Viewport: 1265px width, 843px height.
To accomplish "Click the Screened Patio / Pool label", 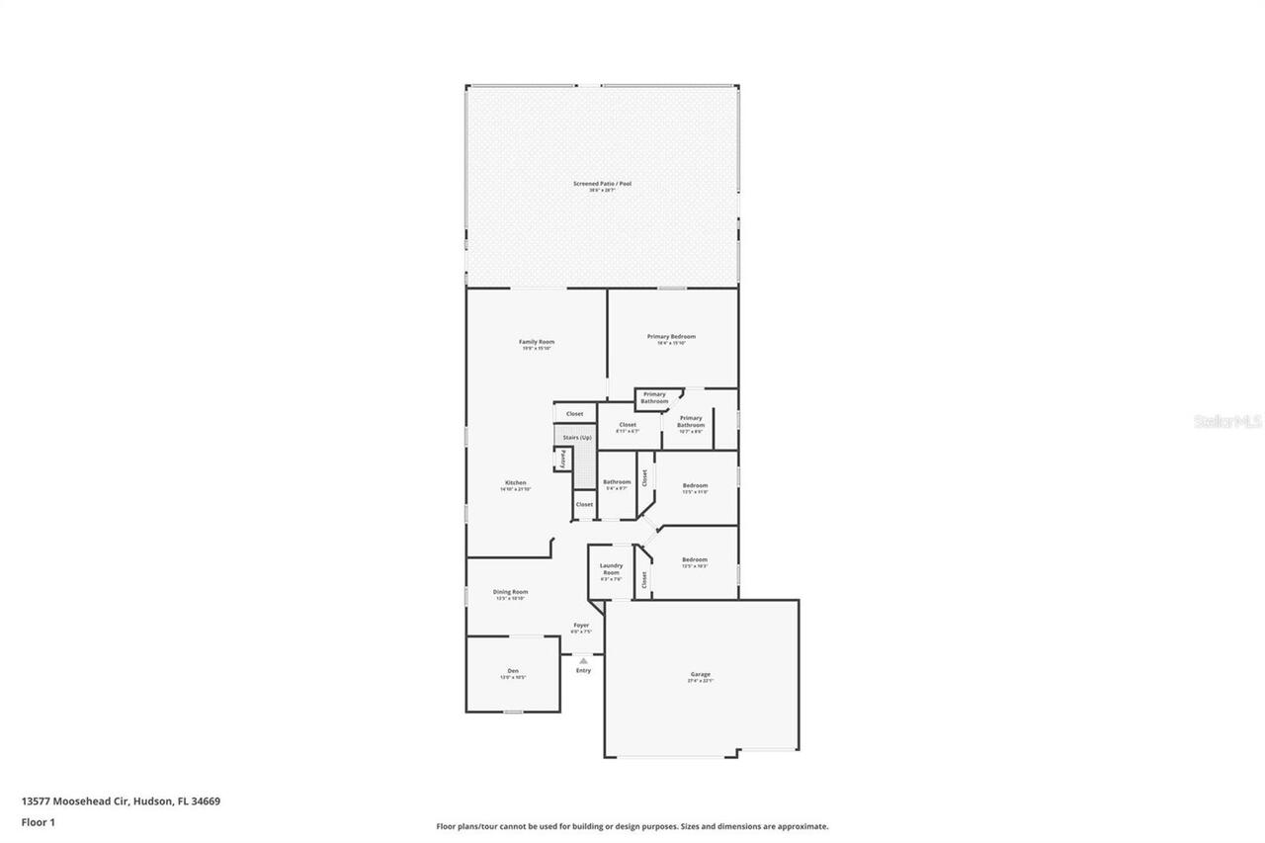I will tap(602, 184).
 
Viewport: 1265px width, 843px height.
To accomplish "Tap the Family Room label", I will tap(537, 342).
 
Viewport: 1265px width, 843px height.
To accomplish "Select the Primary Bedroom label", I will tap(671, 337).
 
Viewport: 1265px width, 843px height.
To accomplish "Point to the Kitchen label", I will tap(515, 483).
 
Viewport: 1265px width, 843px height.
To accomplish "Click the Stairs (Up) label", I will tap(577, 438).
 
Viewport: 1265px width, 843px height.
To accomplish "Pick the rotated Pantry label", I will tap(563, 458).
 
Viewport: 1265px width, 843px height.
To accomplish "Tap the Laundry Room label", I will tap(611, 569).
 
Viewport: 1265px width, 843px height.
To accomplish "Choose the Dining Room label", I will tap(511, 592).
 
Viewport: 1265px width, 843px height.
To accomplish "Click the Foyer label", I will tap(581, 626).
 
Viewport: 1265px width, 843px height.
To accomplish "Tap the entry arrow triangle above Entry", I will tap(583, 660).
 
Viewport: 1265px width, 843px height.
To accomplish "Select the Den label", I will tap(512, 671).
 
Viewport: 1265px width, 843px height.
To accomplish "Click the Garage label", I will tap(701, 674).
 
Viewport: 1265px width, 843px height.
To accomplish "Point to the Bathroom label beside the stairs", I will tap(617, 482).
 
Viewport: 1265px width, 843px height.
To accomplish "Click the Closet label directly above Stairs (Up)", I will tap(574, 414).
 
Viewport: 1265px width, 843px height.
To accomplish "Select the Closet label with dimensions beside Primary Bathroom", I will tap(628, 425).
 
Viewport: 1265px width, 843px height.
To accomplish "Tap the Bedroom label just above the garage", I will tap(695, 560).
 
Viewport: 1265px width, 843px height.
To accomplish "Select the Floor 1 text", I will tap(38, 821).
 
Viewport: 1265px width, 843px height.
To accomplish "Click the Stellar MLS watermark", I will tap(1227, 422).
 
